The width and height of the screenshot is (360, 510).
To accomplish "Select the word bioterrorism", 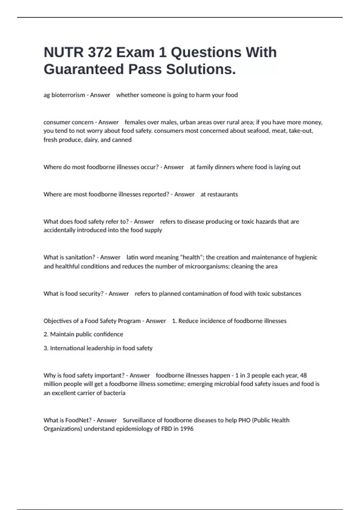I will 68,95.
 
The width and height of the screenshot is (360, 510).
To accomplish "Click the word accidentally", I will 59,230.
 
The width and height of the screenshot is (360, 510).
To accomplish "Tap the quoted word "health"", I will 191,257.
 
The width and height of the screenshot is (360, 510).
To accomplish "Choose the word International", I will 67,348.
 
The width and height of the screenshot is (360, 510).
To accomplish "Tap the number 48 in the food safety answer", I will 303,375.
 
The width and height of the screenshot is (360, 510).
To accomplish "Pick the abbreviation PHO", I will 244,420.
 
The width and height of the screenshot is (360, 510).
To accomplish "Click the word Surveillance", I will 142,420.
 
